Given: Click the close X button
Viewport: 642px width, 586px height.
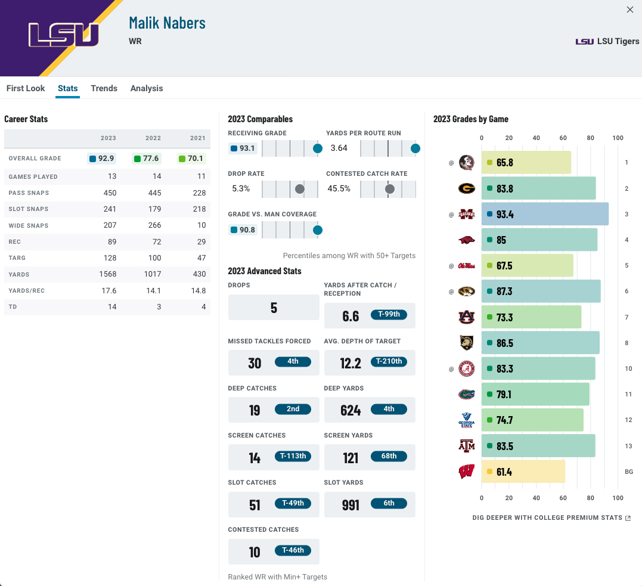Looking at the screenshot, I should pos(630,10).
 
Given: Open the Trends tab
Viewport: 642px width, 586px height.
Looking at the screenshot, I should pos(104,88).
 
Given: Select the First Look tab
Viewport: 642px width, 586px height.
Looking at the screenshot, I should pos(26,88).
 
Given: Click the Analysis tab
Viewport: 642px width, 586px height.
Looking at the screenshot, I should pos(147,88).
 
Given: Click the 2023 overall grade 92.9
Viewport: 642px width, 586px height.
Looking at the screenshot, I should pos(102,159).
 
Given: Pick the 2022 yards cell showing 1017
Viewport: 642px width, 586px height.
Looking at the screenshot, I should pos(153,274).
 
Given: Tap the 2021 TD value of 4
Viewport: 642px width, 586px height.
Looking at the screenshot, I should pos(203,306).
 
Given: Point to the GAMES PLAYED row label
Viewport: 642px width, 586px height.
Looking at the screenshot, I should pos(33,176).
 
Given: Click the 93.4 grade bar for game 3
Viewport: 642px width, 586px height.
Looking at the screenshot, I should pos(545,214).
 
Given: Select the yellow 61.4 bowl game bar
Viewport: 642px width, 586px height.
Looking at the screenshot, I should pos(523,472).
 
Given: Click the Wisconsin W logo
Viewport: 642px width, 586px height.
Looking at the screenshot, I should pos(466,472).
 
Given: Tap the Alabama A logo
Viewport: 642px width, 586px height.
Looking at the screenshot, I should pos(466,368).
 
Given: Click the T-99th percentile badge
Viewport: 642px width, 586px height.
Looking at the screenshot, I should pos(389,314).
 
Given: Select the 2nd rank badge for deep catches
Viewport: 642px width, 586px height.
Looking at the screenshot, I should pos(293,409).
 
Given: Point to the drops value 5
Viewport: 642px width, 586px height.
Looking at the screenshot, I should pos(274,308).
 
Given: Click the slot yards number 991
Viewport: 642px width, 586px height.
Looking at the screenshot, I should pos(351,505).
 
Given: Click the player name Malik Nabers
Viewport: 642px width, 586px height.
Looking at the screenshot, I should pos(167,23).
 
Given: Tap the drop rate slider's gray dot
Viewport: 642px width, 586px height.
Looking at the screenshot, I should pos(299,189).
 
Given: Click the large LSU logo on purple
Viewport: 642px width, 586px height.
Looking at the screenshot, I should pos(64,35).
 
